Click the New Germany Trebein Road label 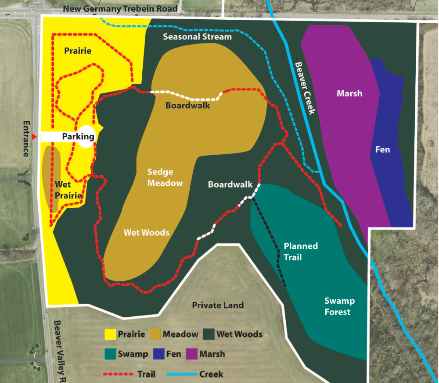[120, 8]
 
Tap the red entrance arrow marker [34, 137]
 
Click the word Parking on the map [78, 136]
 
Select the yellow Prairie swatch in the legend [110, 334]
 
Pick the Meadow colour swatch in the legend [155, 334]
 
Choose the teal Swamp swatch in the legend [110, 354]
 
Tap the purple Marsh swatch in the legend [192, 354]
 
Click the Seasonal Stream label [197, 37]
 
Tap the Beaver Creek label [305, 88]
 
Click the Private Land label [218, 305]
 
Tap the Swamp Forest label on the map [339, 306]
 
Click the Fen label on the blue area [382, 149]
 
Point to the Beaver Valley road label [59, 351]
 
